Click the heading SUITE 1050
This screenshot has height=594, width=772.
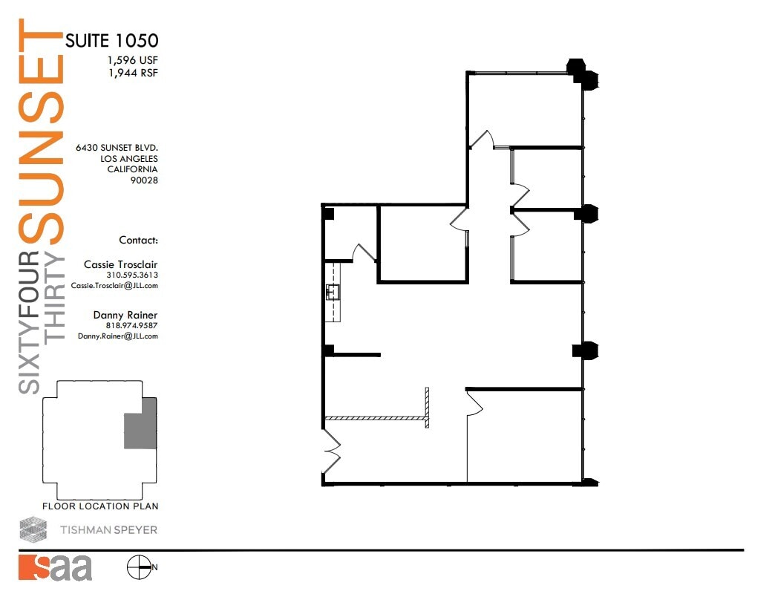(x=111, y=41)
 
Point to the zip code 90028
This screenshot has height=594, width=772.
(x=144, y=180)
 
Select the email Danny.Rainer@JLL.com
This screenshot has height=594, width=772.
(x=117, y=336)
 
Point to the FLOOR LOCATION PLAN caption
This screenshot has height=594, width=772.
(x=100, y=506)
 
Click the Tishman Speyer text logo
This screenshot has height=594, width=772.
(x=108, y=530)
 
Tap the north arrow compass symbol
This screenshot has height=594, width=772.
(x=138, y=568)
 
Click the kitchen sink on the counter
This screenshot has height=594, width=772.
(x=332, y=292)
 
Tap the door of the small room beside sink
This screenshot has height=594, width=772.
(x=364, y=253)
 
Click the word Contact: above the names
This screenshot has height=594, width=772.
(x=138, y=241)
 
